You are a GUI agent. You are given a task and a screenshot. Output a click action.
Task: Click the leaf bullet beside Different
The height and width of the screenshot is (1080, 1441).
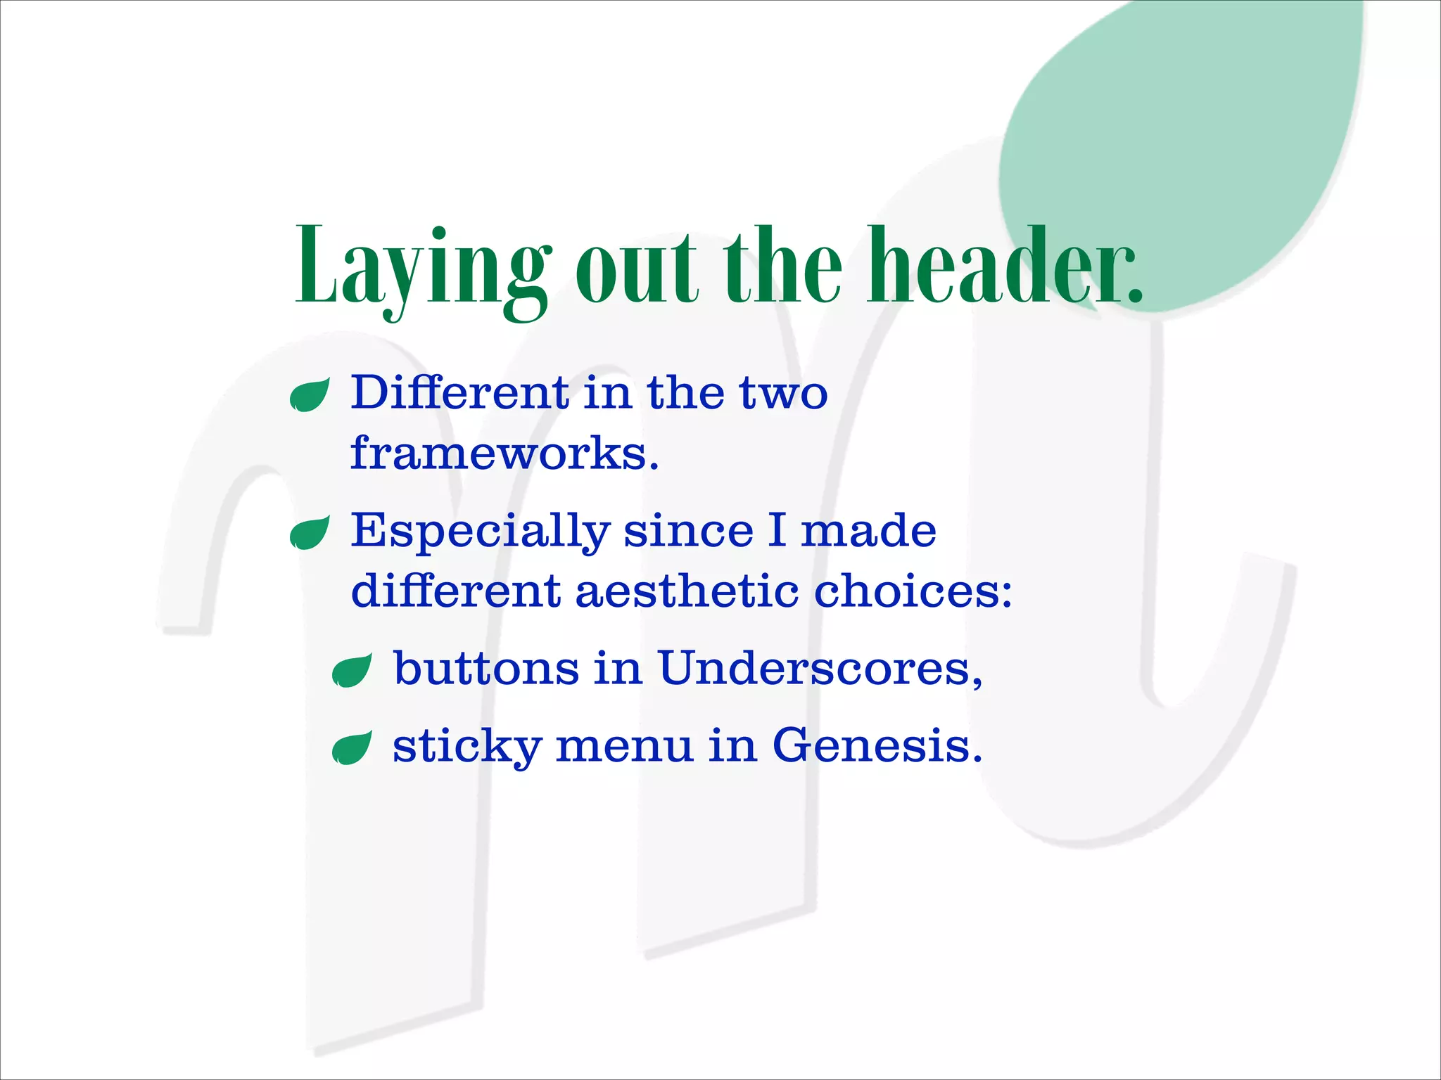310,395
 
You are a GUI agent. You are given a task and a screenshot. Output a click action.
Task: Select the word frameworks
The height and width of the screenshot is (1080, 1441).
504,454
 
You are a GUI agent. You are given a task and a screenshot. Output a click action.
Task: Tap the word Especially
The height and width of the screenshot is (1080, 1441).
480,532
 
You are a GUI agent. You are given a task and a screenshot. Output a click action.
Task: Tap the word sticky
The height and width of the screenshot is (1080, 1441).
466,747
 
